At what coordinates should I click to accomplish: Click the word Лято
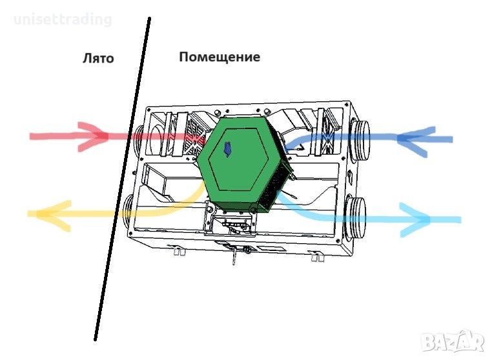(x=98, y=58)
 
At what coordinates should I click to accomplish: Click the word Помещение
(x=220, y=57)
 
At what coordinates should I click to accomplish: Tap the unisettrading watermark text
(x=63, y=19)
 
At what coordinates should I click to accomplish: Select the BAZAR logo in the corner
(x=453, y=341)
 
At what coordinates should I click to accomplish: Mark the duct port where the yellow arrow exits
(x=129, y=212)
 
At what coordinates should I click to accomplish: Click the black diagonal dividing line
(x=123, y=179)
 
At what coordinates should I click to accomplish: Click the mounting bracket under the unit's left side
(x=179, y=250)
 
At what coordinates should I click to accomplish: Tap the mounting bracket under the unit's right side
(x=317, y=256)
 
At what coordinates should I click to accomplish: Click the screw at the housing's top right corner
(x=347, y=103)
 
